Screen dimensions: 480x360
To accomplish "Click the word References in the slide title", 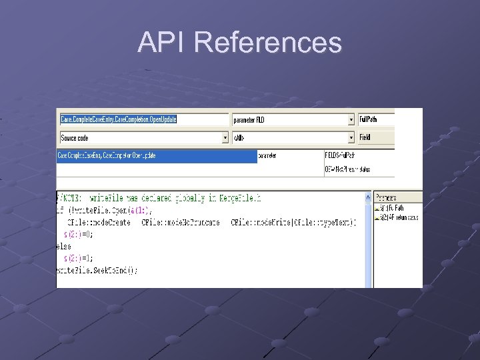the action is pos(267,43).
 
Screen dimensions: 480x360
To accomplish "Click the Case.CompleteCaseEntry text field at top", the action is pos(143,120).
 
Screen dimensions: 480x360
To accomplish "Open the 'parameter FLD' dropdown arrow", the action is pos(351,120).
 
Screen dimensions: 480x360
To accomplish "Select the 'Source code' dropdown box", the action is pos(140,138).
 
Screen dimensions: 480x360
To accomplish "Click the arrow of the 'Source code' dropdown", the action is pos(225,138).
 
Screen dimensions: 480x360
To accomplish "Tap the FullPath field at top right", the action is pos(376,120).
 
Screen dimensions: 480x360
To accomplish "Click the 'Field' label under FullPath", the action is pos(366,138).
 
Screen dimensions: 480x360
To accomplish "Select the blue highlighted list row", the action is pos(157,156).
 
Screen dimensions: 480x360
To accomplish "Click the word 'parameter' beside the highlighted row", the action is pos(267,156).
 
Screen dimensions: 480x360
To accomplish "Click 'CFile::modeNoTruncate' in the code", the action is pos(180,221).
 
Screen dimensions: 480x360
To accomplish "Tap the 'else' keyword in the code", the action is pos(63,246).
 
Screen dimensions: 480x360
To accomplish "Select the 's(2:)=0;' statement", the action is pos(78,234).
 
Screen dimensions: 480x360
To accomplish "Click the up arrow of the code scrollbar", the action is pos(369,197).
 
